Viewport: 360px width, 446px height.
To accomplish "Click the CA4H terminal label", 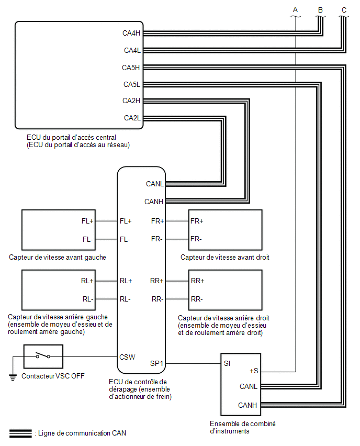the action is pyautogui.click(x=131, y=34).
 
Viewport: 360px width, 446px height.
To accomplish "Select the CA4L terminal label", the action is pyautogui.click(x=132, y=50).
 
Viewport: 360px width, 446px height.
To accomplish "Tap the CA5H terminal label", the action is pyautogui.click(x=131, y=68).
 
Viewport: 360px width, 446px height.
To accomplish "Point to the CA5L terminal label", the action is pyautogui.click(x=132, y=84).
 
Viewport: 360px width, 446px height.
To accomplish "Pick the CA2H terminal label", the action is pyautogui.click(x=131, y=101).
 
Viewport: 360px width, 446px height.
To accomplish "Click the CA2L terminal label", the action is pyautogui.click(x=132, y=118).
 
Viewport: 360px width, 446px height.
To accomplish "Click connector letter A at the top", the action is pyautogui.click(x=296, y=9).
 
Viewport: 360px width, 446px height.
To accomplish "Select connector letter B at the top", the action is pyautogui.click(x=320, y=10).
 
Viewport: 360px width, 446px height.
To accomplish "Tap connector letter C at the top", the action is pyautogui.click(x=344, y=10).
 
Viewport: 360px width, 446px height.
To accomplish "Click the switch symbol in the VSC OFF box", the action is pyautogui.click(x=43, y=355).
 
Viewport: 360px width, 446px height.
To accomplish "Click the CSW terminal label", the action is pyautogui.click(x=127, y=357).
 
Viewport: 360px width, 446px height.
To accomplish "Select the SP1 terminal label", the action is pyautogui.click(x=156, y=363).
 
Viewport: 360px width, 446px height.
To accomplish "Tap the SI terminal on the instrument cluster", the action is pyautogui.click(x=227, y=363).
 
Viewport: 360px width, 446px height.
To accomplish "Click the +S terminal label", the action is pyautogui.click(x=254, y=371).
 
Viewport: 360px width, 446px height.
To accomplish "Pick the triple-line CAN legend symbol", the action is pyautogui.click(x=20, y=433).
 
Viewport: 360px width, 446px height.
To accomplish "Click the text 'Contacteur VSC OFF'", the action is pyautogui.click(x=53, y=376).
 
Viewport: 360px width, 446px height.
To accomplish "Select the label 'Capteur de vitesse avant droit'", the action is pyautogui.click(x=224, y=257).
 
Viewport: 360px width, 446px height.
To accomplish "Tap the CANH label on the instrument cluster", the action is pyautogui.click(x=248, y=405).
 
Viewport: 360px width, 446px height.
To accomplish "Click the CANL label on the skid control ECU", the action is pyautogui.click(x=155, y=184).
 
